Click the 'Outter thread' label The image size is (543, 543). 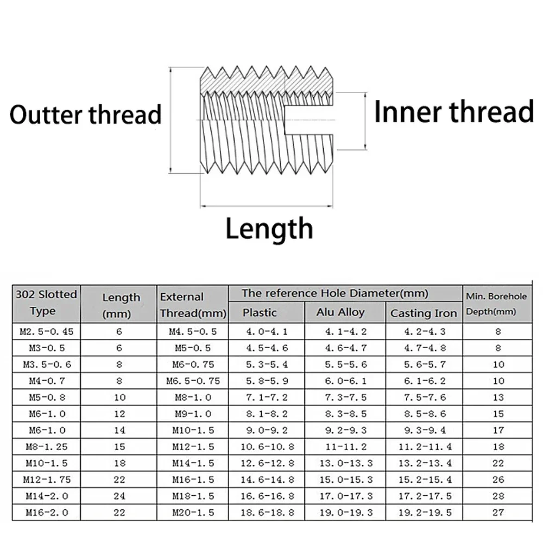86,115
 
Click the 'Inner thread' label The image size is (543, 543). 454,111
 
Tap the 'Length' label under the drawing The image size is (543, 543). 269,229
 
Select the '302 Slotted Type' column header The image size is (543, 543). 46,302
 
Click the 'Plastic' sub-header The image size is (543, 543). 260,313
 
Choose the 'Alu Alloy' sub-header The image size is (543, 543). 340,312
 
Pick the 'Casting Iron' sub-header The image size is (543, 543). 424,313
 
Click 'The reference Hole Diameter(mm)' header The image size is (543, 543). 335,293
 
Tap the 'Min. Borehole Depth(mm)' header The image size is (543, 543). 496,304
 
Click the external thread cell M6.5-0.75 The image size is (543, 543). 193,381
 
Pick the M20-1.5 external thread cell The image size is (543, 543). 193,512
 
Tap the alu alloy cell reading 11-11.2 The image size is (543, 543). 346,446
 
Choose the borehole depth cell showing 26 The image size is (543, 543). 498,479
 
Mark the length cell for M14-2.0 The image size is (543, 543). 119,496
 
